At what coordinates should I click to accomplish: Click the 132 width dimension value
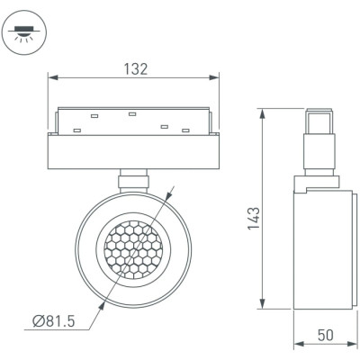click(136, 69)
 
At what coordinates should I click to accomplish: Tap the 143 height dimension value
click(254, 218)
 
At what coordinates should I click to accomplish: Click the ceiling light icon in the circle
click(24, 33)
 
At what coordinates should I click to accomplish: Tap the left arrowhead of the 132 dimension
click(53, 77)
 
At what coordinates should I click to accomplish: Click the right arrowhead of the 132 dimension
click(214, 77)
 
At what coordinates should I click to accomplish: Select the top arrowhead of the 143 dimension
click(263, 113)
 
